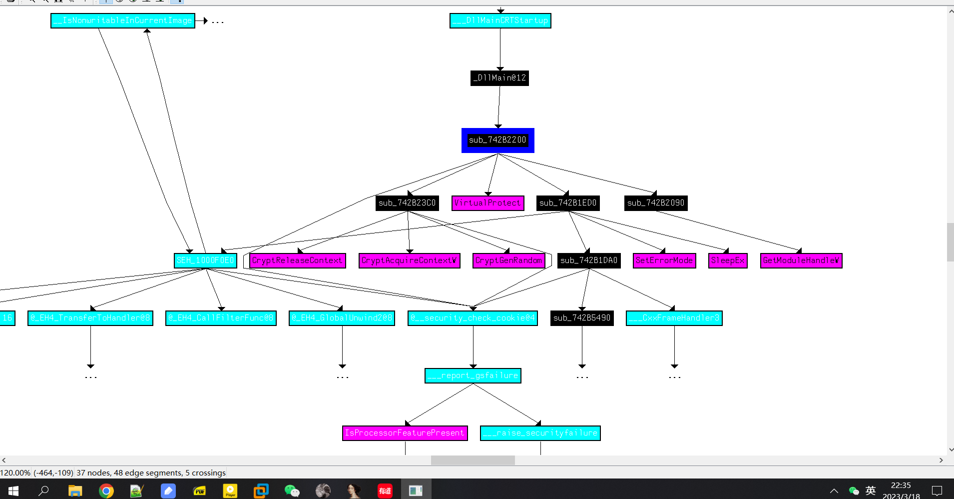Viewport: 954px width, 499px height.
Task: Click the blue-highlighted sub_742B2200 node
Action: pyautogui.click(x=497, y=140)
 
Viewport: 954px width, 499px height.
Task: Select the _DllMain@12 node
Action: pyautogui.click(x=499, y=78)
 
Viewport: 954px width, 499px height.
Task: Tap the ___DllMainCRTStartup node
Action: pyautogui.click(x=500, y=20)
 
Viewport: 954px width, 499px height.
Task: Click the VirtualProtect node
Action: pyautogui.click(x=487, y=203)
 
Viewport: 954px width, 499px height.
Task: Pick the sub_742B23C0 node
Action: pyautogui.click(x=407, y=203)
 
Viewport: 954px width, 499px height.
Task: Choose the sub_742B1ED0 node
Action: pyautogui.click(x=568, y=203)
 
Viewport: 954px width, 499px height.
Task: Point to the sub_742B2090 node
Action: pyautogui.click(x=656, y=203)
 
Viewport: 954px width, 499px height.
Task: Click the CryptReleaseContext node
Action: pyautogui.click(x=297, y=260)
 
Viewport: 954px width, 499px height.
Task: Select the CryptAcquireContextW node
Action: pyautogui.click(x=409, y=260)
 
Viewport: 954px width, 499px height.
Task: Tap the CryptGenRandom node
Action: pyautogui.click(x=508, y=260)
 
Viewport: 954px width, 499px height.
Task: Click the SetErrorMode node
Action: pyautogui.click(x=664, y=260)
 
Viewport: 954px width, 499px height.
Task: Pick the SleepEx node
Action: pyautogui.click(x=728, y=260)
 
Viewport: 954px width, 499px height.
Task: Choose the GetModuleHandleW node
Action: pyautogui.click(x=801, y=260)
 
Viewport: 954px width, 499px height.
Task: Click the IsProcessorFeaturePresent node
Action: pyautogui.click(x=405, y=433)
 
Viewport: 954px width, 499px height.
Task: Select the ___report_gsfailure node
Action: pyautogui.click(x=473, y=375)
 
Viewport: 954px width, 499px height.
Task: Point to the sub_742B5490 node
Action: pyautogui.click(x=582, y=318)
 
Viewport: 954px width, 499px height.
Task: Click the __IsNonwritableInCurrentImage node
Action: pyautogui.click(x=123, y=20)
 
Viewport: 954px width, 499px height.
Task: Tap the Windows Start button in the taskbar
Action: pyautogui.click(x=13, y=491)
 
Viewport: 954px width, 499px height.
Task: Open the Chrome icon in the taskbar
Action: pyautogui.click(x=106, y=491)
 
